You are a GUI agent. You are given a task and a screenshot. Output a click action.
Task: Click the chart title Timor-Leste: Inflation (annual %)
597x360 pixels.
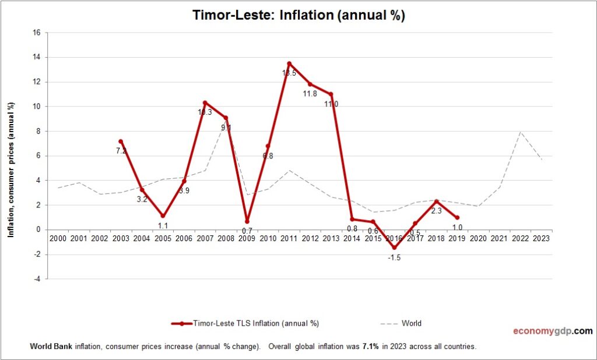pos(298,16)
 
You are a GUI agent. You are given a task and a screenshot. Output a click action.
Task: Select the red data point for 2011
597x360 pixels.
pos(289,63)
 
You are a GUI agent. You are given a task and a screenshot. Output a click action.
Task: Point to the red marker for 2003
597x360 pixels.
pos(121,141)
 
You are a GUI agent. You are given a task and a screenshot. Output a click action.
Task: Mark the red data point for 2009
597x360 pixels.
pos(247,221)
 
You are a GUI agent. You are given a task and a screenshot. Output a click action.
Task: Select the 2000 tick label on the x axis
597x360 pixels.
pos(58,238)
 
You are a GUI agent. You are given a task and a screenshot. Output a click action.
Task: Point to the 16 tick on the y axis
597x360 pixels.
pos(36,33)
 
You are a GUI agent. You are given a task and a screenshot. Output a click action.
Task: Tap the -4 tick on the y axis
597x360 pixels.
pos(37,279)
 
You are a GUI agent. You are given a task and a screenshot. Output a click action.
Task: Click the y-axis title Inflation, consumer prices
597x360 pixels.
pos(10,169)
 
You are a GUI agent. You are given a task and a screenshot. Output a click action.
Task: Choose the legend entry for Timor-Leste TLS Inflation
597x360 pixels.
pos(245,323)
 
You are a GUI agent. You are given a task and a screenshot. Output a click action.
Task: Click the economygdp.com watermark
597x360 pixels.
pos(552,331)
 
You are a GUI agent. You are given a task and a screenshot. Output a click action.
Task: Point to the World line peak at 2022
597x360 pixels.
pos(520,132)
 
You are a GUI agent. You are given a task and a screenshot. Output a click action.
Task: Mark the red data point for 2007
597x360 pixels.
pos(205,103)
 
